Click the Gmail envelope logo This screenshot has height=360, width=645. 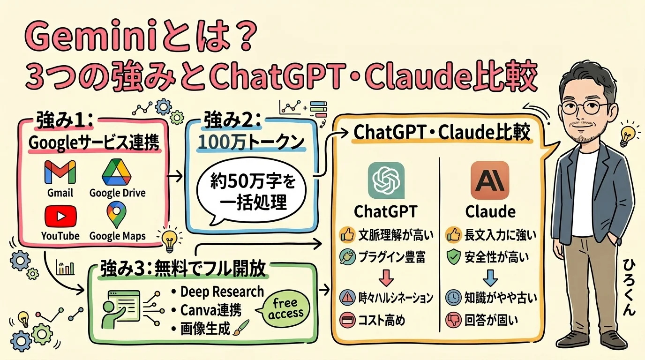click(x=60, y=172)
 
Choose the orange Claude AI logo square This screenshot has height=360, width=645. click(x=489, y=180)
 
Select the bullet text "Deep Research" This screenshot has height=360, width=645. click(x=222, y=292)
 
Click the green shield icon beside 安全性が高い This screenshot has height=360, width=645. click(x=452, y=256)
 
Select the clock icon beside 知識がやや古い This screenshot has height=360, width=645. click(x=452, y=297)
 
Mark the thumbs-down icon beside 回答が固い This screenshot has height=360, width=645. click(x=452, y=320)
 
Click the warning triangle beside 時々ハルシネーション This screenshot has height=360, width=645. click(x=348, y=297)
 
